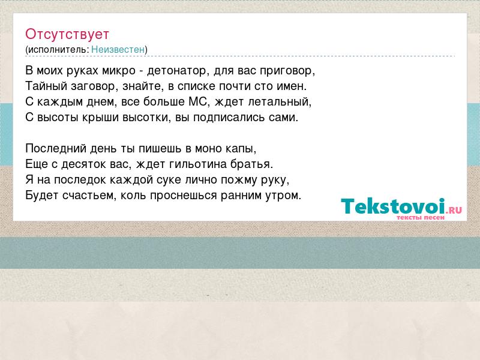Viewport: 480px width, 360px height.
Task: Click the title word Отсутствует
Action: point(67,34)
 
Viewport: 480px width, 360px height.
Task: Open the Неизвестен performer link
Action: point(118,50)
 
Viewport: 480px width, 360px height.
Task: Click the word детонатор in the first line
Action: point(176,71)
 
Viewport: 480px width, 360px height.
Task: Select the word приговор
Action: point(287,71)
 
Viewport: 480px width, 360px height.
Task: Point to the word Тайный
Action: point(46,86)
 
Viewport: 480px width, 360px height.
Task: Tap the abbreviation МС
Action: point(199,102)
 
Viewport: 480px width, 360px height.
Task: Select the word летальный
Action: point(280,102)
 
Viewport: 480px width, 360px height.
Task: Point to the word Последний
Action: point(56,149)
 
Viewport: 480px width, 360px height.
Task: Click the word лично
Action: point(201,180)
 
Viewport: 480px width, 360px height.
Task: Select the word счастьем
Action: point(89,196)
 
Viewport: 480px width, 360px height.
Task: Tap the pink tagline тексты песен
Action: point(421,217)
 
